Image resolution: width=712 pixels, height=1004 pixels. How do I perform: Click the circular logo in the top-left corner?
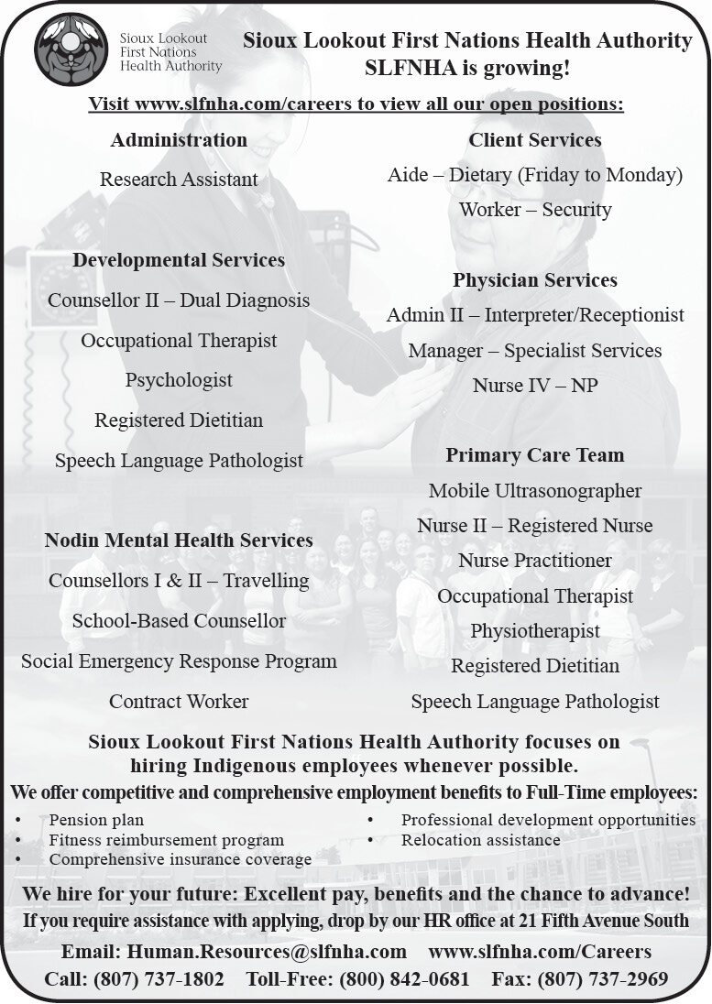71,49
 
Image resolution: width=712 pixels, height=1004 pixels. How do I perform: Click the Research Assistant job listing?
179,180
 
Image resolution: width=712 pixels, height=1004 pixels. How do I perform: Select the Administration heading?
179,140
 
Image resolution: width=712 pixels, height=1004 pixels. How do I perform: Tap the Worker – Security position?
535,210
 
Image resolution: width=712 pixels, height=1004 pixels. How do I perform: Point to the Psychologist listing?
179,380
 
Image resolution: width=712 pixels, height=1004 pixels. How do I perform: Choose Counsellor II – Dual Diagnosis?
179,300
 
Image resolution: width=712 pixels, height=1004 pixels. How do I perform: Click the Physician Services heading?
535,280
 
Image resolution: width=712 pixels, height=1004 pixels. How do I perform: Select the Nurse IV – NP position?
535,386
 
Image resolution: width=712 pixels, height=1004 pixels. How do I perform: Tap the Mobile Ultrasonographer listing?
535,491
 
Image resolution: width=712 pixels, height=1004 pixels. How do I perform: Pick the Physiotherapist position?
535,631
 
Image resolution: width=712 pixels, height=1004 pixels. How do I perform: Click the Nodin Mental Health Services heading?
179,540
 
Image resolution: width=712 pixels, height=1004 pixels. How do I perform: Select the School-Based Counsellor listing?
179,621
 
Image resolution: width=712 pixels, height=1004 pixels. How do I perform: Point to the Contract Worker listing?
179,702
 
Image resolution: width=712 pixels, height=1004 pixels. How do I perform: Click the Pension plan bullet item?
96,820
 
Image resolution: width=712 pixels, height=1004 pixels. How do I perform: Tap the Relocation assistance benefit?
480,839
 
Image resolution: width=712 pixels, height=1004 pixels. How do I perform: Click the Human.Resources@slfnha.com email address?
267,952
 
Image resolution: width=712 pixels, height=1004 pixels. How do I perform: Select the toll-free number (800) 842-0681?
404,979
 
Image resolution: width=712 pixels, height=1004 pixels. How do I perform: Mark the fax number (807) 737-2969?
608,979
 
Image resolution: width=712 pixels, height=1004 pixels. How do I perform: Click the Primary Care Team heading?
535,455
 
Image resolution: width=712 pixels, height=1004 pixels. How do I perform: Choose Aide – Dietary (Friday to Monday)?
535,175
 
